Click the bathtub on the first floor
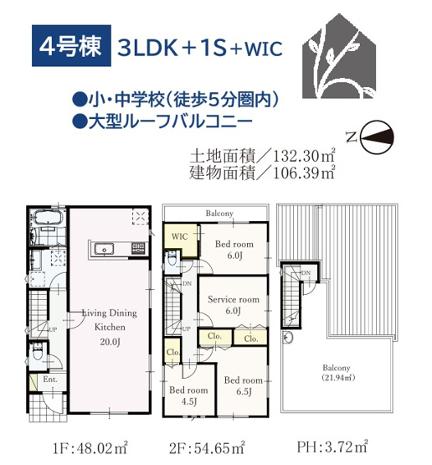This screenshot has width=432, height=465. coord(42,222)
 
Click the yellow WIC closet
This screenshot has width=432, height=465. coord(180,237)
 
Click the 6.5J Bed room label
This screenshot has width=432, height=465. coord(244,385)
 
